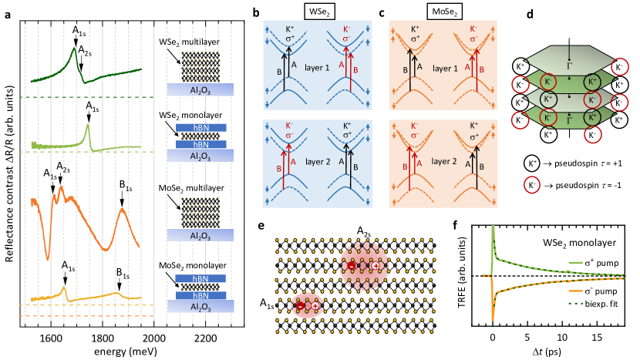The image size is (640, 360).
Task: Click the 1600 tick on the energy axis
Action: tap(51, 338)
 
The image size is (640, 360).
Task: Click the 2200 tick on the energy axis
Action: tap(204, 338)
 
